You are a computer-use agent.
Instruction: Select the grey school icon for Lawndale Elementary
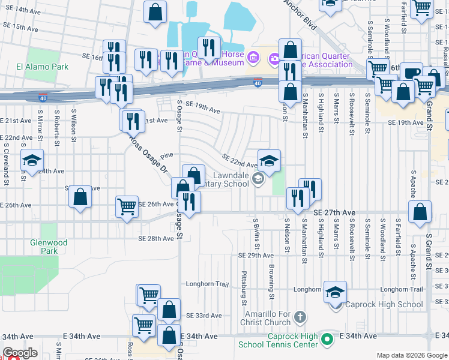point(259,177)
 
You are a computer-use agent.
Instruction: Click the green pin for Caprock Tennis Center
point(327,340)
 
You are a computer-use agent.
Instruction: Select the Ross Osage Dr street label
point(148,154)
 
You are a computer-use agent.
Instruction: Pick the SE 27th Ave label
point(334,212)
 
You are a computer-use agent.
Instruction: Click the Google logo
point(20,353)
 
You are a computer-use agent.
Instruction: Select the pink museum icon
point(253,58)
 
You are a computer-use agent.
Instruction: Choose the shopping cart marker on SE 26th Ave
point(127,207)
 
